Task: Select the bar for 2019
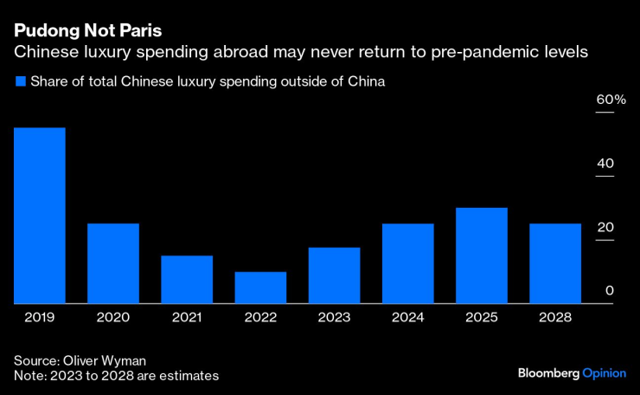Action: pos(39,216)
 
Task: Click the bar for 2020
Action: pos(113,263)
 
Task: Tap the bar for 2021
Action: pos(187,279)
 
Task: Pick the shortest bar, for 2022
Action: pos(260,288)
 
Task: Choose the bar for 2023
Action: pos(334,275)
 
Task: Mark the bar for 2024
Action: pos(407,263)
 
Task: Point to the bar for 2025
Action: pos(482,256)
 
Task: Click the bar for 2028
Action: pos(555,263)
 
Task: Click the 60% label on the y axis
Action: pos(611,100)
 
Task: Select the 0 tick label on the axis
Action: pos(610,291)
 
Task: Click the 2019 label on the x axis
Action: pos(40,318)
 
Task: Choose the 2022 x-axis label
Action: pos(260,318)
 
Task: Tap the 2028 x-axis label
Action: pos(555,318)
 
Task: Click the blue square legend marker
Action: pos(20,82)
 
